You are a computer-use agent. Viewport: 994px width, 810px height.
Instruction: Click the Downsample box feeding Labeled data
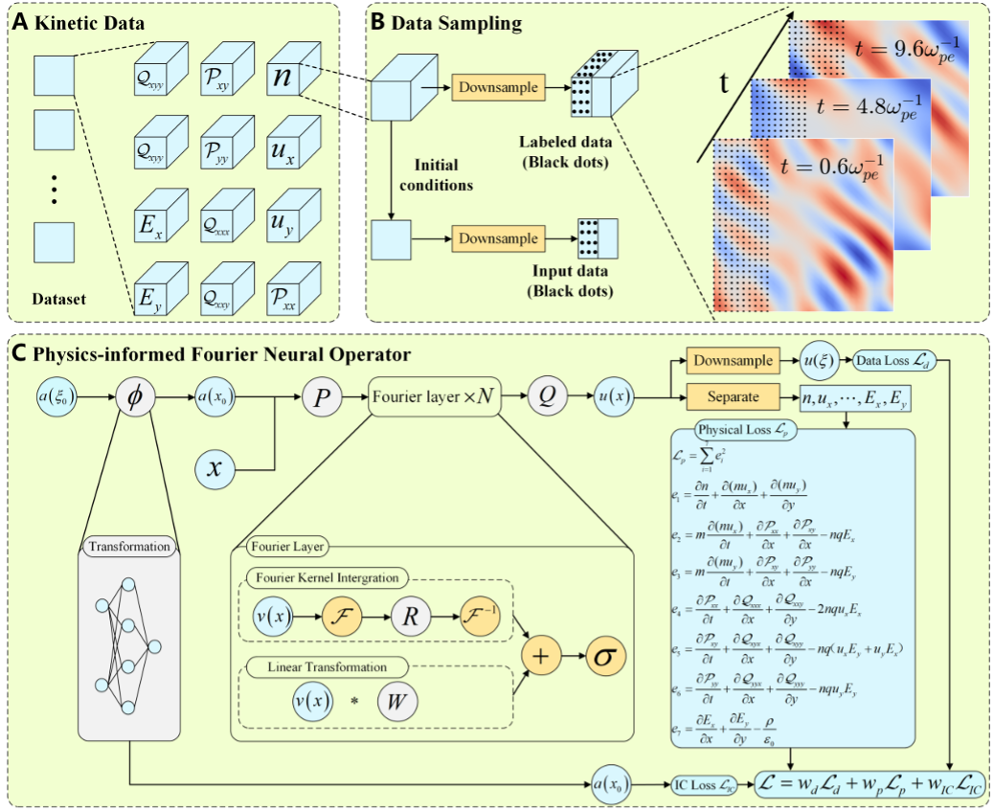click(498, 88)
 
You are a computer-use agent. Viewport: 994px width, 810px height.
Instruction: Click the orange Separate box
click(734, 394)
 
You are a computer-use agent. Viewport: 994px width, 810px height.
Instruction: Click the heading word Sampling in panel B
click(475, 22)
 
